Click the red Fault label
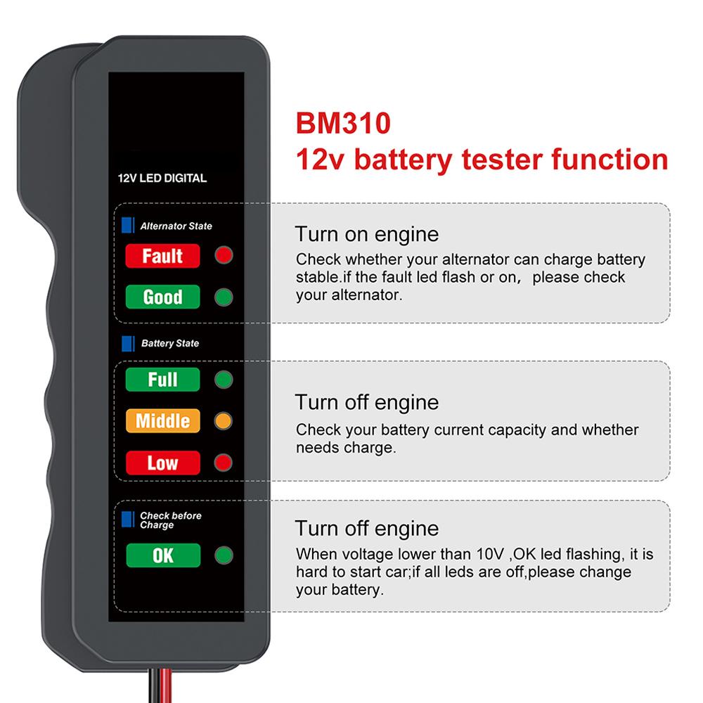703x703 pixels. (x=162, y=256)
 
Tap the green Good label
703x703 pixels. (x=162, y=297)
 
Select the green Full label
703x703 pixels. (x=162, y=380)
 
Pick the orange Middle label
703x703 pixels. (x=162, y=421)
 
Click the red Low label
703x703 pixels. (x=162, y=463)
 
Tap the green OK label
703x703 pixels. (x=162, y=555)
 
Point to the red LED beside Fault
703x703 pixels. (x=224, y=255)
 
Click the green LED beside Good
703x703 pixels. (x=224, y=297)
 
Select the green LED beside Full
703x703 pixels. (x=224, y=380)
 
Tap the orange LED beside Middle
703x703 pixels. (x=224, y=421)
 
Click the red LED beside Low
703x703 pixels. (x=224, y=463)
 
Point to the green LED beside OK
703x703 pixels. (x=224, y=555)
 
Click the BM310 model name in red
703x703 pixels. (x=342, y=123)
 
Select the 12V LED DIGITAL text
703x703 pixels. (x=162, y=178)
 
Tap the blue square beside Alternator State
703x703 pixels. (x=127, y=225)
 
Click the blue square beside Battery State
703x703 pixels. (x=127, y=343)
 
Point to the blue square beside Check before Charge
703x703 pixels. (x=127, y=520)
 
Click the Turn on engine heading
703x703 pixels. (x=366, y=234)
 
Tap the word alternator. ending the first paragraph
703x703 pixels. (x=349, y=295)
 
